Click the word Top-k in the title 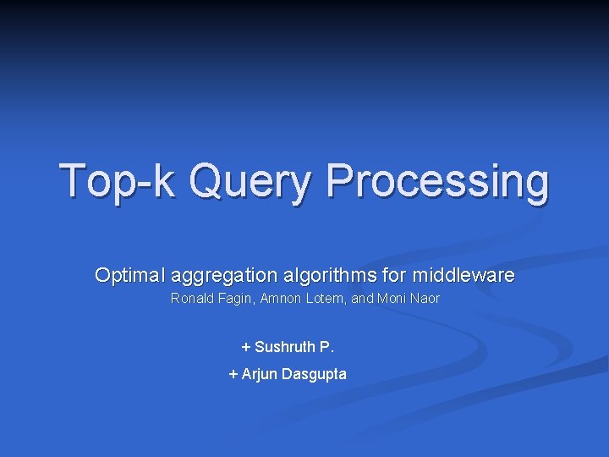coord(117,180)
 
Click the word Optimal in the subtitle coord(129,275)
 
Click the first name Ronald coord(192,299)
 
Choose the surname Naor coord(425,299)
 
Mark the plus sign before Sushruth coord(246,347)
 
